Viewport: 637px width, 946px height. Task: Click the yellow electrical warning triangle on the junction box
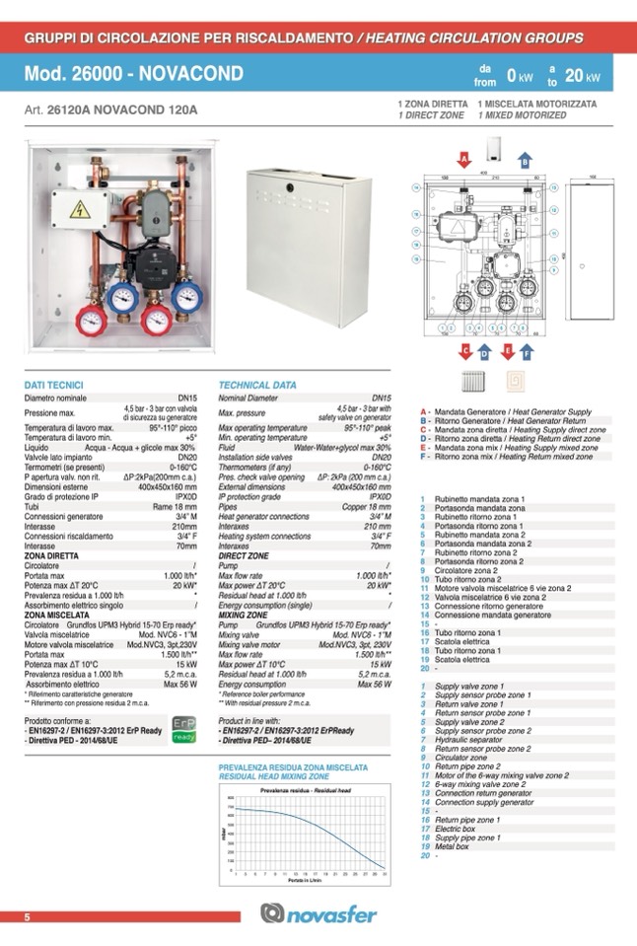point(78,209)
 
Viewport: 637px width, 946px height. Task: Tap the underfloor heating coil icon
point(515,381)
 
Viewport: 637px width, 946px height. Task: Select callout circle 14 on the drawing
point(417,187)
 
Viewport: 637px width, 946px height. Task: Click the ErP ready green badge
point(184,730)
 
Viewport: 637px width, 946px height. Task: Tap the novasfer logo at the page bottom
point(318,914)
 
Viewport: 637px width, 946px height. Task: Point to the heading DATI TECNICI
point(54,384)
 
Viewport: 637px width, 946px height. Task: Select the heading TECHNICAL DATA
point(257,384)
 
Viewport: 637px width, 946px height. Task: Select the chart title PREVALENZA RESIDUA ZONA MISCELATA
point(293,766)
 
